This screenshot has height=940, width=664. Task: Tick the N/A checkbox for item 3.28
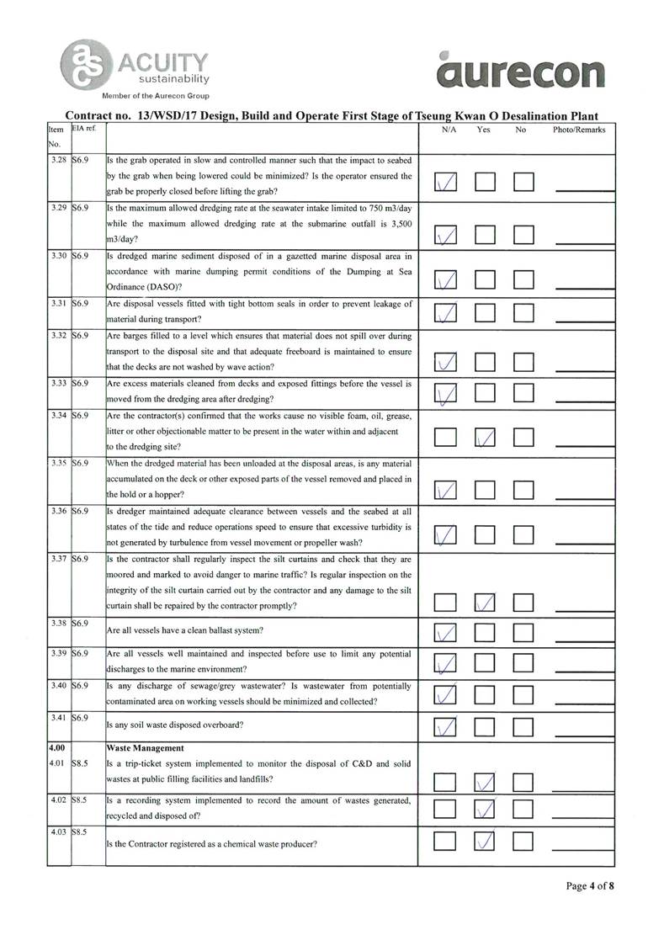446,182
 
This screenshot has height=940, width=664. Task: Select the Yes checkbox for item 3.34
485,437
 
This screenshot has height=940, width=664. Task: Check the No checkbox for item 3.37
524,601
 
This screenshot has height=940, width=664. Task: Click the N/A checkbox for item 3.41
446,725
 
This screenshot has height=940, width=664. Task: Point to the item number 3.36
58,511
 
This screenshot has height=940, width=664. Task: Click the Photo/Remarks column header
578,130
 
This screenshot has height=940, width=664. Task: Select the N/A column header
449,130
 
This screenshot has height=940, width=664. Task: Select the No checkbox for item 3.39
524,664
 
